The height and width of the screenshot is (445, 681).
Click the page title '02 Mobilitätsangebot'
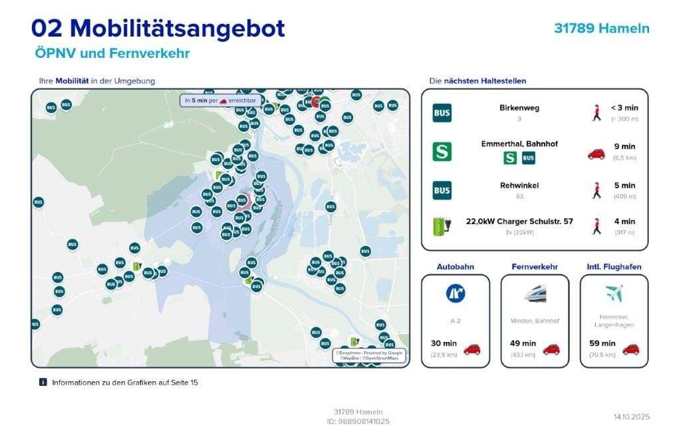point(158,29)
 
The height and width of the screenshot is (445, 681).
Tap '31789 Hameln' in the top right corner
point(601,29)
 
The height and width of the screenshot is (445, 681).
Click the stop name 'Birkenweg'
point(519,108)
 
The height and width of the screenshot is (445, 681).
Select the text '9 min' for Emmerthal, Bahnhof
point(624,146)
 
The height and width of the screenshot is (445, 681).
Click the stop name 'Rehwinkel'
point(519,186)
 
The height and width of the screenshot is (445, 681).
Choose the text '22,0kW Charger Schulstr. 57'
point(519,222)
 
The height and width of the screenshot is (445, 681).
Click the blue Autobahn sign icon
point(456,293)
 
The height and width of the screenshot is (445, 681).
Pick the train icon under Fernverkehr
point(535,293)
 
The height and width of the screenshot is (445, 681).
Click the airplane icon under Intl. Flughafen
point(614,293)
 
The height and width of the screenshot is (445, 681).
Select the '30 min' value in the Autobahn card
point(444,343)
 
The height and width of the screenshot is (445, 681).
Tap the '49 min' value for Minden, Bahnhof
point(523,343)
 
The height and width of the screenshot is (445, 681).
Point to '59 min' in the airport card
point(603,343)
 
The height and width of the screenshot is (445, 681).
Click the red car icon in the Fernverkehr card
point(551,349)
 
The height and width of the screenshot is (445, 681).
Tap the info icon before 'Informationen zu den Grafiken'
point(43,382)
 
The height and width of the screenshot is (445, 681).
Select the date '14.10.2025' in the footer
point(631,417)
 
